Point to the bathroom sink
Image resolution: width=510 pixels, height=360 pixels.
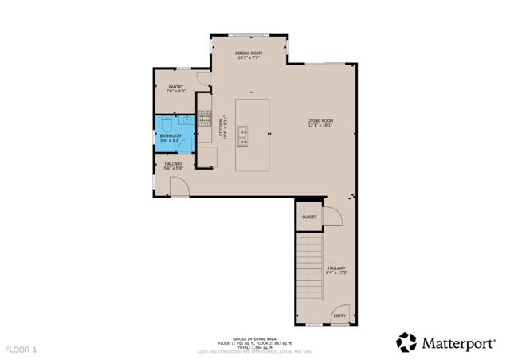click(185, 121)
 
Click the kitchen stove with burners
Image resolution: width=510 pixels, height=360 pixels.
click(204, 119)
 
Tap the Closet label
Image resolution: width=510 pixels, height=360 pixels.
click(309, 217)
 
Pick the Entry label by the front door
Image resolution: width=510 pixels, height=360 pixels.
click(339, 315)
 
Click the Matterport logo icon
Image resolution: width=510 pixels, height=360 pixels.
click(406, 342)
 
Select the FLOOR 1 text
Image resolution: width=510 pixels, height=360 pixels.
click(22, 349)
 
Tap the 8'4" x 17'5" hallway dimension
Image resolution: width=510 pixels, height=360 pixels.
click(336, 272)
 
